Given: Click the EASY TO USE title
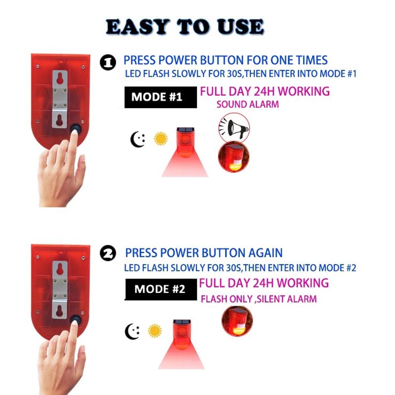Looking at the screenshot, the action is [185, 27].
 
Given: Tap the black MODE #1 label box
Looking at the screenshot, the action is [160, 97].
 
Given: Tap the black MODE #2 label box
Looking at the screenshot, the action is [161, 289].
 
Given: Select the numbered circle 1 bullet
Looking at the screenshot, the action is [108, 62].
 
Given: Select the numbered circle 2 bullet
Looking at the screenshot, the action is [108, 253].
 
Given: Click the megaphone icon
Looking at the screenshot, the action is [234, 128].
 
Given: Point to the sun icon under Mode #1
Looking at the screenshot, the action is [160, 139].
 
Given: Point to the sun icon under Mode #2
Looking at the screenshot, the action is [155, 331].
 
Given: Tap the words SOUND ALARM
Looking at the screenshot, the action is [248, 104].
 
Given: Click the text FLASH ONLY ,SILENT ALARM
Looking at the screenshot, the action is [259, 299].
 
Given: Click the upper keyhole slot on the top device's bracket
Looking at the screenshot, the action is [60, 79].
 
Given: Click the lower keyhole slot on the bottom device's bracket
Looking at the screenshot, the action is [60, 311].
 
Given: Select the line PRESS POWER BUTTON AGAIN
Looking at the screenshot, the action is [204, 253].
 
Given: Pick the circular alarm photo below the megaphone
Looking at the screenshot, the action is [234, 157].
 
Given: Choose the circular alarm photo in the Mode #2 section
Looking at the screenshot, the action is [237, 321].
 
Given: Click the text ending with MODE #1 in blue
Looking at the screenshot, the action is [241, 74].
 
